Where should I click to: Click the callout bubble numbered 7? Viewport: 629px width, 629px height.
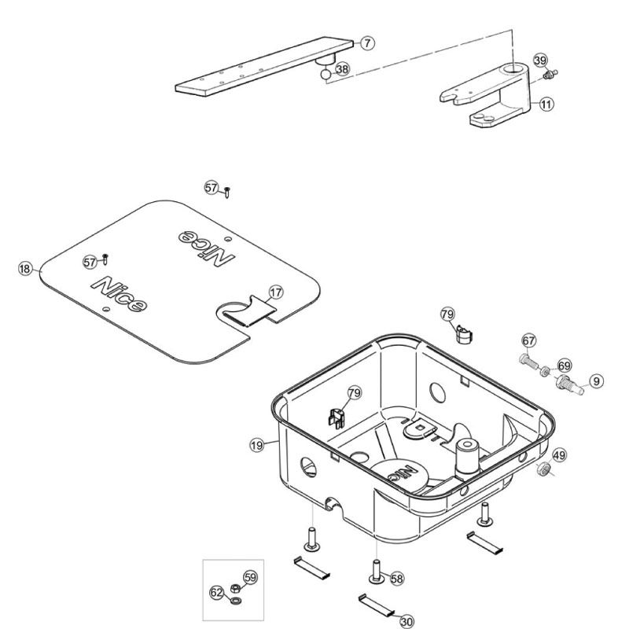tap(368, 43)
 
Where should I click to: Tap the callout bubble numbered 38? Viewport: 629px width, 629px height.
tap(342, 69)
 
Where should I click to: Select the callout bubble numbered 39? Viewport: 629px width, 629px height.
tap(539, 61)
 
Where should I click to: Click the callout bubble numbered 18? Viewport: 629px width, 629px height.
tap(25, 269)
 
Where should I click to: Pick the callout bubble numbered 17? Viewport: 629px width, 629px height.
tap(275, 292)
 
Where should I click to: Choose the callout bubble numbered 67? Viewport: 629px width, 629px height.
tap(528, 341)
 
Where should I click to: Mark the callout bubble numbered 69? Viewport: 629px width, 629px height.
tap(564, 366)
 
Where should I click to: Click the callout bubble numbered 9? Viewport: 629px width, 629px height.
tap(597, 381)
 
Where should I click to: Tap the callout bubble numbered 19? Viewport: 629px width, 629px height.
tap(257, 446)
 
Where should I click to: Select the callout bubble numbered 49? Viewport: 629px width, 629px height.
tap(559, 454)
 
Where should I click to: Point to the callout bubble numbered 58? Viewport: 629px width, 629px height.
tap(397, 578)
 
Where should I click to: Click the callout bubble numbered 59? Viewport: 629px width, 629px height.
tap(251, 578)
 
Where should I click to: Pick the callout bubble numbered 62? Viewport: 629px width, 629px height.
tap(216, 590)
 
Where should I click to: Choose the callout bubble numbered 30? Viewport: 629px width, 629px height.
tap(406, 621)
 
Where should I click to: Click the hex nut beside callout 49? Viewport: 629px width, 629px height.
tap(542, 470)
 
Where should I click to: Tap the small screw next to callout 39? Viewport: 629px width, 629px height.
tap(549, 75)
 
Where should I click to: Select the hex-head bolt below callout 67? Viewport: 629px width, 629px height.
tap(528, 363)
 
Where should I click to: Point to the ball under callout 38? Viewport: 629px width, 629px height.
tap(325, 76)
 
